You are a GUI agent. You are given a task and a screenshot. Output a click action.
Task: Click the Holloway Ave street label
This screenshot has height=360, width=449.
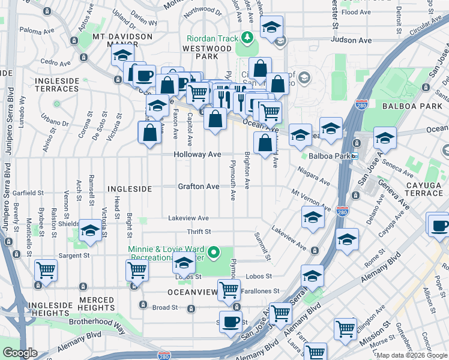click(197, 155)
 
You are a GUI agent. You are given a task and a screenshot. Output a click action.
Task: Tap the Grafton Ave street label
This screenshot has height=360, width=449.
click(198, 187)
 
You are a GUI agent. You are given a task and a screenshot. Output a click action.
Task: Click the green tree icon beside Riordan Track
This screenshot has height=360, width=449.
click(247, 38)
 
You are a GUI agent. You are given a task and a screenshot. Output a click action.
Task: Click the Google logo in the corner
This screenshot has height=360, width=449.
click(20, 353)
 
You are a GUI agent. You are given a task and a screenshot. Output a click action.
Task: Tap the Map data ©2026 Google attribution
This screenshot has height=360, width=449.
click(412, 355)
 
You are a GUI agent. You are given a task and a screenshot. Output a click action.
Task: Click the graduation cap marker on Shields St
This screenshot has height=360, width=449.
click(90, 231)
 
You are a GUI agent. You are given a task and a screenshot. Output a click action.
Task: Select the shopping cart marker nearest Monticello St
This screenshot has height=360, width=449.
click(46, 270)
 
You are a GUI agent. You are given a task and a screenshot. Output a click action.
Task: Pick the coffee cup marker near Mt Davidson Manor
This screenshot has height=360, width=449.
click(144, 76)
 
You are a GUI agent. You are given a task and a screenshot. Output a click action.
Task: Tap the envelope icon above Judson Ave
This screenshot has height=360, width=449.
click(280, 40)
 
